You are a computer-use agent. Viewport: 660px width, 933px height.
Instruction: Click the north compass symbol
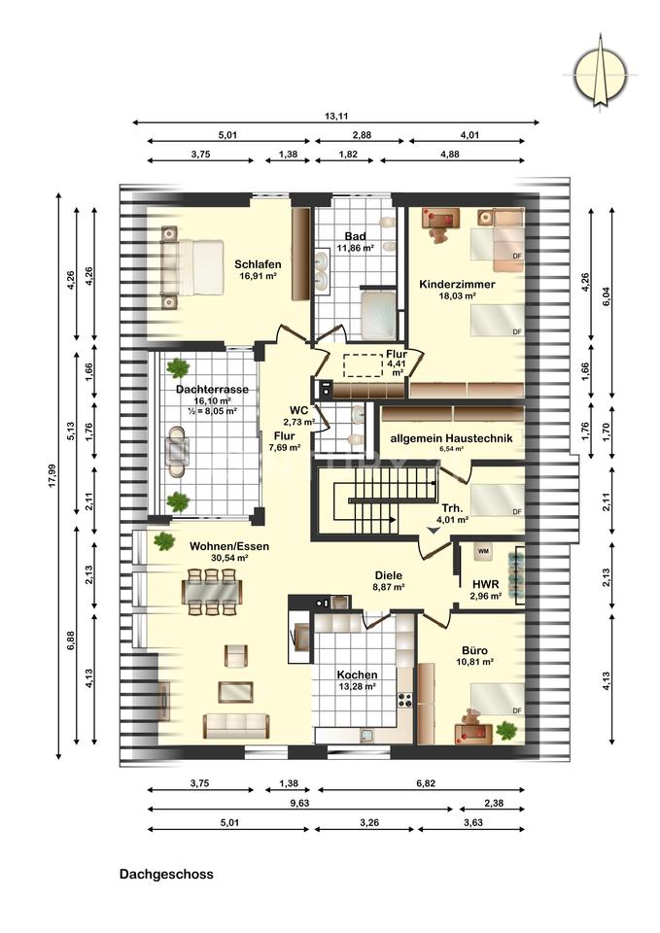(x=600, y=75)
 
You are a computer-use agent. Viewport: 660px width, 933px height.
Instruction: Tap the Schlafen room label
(x=258, y=264)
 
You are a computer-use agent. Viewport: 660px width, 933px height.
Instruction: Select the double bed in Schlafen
(x=191, y=267)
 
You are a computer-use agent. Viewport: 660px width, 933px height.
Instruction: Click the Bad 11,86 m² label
(x=356, y=242)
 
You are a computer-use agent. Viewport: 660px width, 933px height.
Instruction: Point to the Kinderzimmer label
(x=457, y=284)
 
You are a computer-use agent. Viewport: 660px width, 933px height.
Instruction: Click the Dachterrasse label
(x=212, y=389)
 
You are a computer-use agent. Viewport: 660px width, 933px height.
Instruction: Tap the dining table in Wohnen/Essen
(x=212, y=592)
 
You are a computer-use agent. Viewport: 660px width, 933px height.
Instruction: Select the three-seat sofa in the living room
(x=236, y=726)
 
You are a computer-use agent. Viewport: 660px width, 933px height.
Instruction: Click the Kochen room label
(x=357, y=674)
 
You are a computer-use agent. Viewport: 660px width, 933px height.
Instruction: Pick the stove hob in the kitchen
(x=405, y=700)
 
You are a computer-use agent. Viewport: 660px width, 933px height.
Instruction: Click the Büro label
(x=475, y=650)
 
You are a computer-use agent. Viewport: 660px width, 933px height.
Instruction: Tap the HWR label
(x=486, y=584)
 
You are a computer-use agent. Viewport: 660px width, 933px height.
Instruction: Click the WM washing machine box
(x=483, y=552)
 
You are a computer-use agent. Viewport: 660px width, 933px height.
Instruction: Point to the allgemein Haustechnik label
(x=451, y=438)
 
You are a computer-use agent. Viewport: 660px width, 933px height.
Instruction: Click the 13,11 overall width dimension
(x=336, y=117)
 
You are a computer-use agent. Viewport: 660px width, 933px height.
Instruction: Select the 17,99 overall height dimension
(x=52, y=476)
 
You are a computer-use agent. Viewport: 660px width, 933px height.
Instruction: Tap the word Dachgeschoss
(x=166, y=874)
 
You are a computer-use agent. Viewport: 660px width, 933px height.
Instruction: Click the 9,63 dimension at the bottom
(x=299, y=803)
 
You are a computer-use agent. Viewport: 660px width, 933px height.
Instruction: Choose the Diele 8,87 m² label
(x=389, y=581)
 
